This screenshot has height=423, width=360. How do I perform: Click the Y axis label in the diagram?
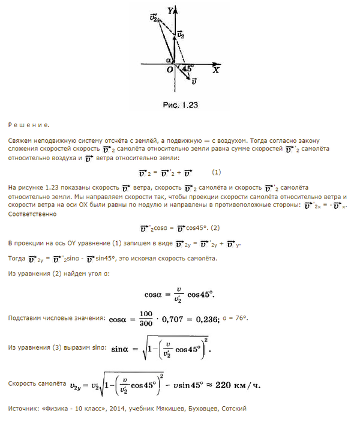pyautogui.click(x=171, y=10)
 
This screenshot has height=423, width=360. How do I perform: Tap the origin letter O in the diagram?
pyautogui.click(x=170, y=70)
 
